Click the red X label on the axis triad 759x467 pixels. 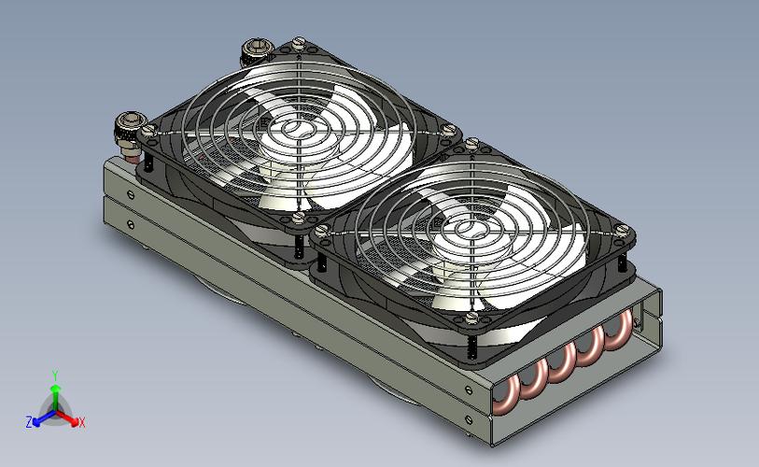click(82, 422)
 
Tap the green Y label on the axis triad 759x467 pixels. click(55, 375)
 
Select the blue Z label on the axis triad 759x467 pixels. click(29, 422)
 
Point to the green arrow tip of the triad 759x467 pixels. click(56, 388)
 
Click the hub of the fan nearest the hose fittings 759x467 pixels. click(293, 130)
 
